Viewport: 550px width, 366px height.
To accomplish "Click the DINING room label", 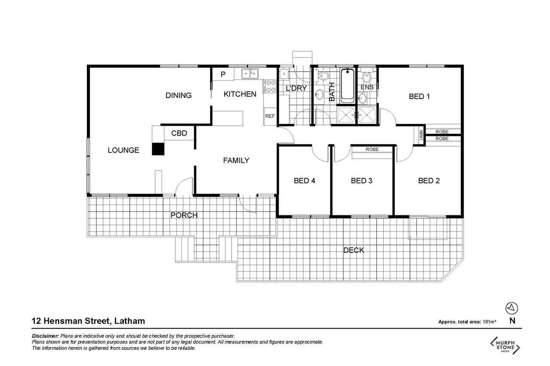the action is (178, 95).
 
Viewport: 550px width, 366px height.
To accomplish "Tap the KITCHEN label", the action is (240, 94).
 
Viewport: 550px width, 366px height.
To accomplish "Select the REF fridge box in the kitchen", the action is (270, 116).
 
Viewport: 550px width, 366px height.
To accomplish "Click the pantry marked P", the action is (223, 74).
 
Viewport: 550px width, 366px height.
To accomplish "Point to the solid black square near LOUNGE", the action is (158, 149).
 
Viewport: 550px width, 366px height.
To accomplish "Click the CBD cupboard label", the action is (179, 133).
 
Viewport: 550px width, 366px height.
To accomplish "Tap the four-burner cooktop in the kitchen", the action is (270, 86).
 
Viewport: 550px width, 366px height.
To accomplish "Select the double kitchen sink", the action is (250, 74).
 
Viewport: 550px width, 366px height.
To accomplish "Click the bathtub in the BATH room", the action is (347, 85).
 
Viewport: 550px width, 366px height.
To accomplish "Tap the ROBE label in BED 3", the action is (372, 149).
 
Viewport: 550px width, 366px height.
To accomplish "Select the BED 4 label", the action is (305, 181).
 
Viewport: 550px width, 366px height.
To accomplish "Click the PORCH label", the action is (184, 215).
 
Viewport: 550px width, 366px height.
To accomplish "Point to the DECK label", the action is (354, 250).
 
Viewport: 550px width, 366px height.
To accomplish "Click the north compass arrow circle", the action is (512, 309).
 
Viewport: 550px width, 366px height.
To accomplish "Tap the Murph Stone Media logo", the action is (505, 345).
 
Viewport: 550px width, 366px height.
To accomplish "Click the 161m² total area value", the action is (489, 322).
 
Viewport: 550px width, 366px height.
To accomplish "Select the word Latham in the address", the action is (129, 321).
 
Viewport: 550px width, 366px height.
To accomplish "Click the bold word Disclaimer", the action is (46, 336).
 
